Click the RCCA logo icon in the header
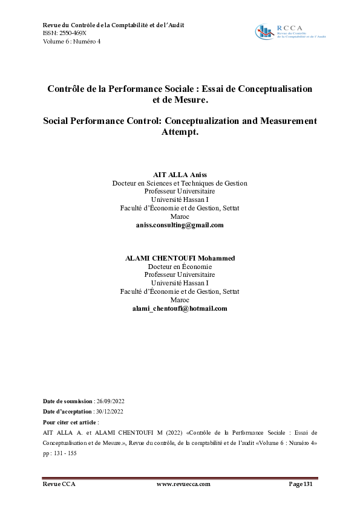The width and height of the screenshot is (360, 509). point(264,32)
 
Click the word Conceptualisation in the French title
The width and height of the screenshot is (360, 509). point(275,88)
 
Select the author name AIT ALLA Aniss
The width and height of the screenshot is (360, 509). point(180,174)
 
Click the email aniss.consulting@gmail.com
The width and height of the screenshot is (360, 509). point(180,225)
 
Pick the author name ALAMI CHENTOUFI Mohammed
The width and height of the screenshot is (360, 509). point(180,258)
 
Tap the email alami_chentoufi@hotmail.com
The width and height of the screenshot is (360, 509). point(180,308)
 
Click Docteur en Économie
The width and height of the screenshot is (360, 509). point(180,266)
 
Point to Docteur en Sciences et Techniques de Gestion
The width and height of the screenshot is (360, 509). point(180,183)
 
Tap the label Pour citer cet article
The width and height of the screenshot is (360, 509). point(70,422)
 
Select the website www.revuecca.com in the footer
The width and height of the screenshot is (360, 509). point(183,484)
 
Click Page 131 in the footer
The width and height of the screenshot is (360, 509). point(301,484)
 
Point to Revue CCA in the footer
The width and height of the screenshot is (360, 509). point(59,484)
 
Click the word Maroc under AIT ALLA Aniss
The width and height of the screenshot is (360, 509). point(180,216)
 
